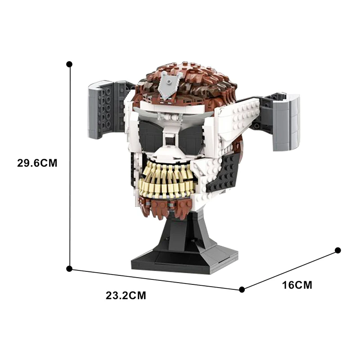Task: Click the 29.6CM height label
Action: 37,163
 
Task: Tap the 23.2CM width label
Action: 126,296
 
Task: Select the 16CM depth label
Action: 297,285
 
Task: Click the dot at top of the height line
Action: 69,64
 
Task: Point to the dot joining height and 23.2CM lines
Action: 69,269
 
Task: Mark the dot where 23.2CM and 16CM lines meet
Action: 242,289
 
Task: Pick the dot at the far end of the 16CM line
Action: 338,250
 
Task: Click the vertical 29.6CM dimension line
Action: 69,166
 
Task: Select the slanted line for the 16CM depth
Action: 290,270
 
